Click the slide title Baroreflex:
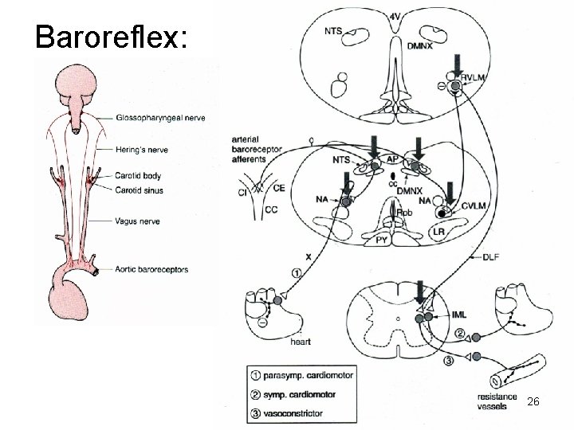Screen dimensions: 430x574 tap(112, 37)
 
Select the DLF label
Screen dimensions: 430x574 tap(493, 256)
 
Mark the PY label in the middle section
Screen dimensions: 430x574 tap(383, 237)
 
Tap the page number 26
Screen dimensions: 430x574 tap(533, 403)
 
